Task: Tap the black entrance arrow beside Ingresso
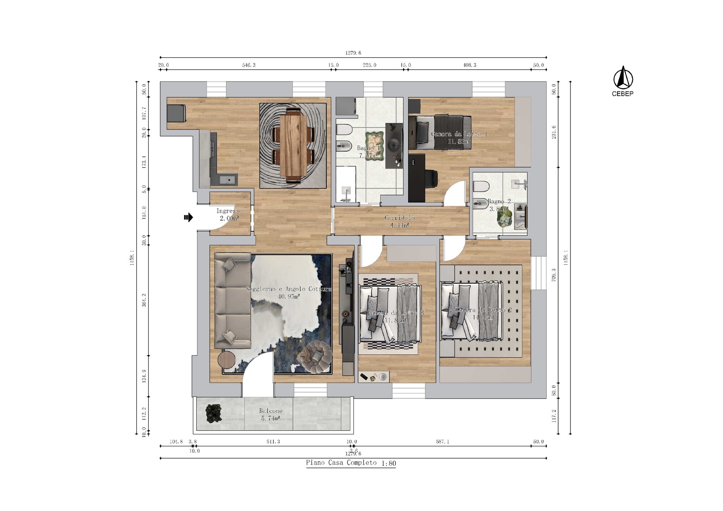[188, 217]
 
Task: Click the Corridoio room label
[399, 218]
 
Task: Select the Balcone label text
[271, 411]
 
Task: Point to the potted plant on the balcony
[214, 413]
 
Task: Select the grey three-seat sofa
[232, 300]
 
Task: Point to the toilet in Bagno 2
[481, 187]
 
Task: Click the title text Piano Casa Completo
[341, 463]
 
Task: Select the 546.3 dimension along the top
[249, 65]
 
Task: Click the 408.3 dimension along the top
[470, 65]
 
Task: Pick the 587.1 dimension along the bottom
[442, 442]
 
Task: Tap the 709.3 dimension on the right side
[554, 275]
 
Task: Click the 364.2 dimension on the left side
[144, 300]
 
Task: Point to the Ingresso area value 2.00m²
[230, 218]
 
